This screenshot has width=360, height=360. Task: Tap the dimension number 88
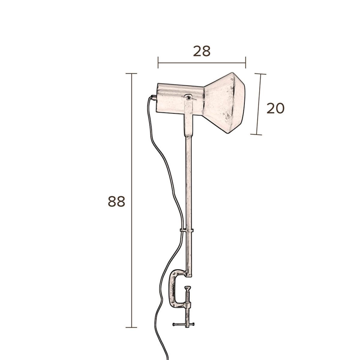coord(116,201)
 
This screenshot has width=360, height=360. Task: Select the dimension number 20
coord(275,108)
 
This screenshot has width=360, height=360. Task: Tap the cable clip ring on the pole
coord(187,230)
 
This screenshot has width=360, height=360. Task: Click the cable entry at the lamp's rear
coord(154,97)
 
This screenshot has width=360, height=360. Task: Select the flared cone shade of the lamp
coord(224,103)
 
